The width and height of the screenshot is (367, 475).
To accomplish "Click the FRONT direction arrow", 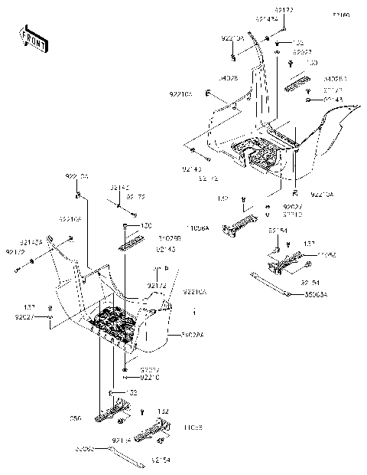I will click(x=32, y=38).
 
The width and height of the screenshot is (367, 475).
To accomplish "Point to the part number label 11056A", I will click(x=196, y=228).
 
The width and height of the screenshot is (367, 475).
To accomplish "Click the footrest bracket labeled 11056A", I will click(x=237, y=228).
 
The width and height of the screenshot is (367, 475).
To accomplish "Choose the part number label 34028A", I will click(x=195, y=335).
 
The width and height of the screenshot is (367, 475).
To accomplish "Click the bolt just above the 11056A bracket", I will click(x=243, y=203).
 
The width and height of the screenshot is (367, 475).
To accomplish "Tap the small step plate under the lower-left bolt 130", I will click(x=130, y=244).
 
